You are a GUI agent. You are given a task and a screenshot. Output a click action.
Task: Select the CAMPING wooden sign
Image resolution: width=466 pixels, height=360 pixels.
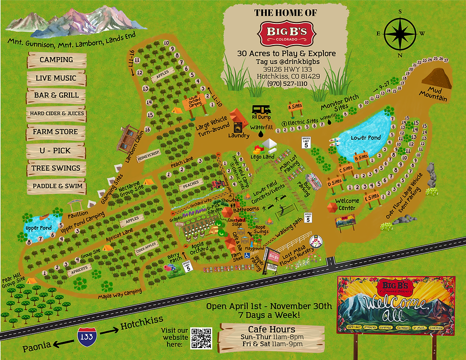(56, 60)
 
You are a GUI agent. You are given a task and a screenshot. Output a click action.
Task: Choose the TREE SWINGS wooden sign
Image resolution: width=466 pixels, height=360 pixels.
(56, 168)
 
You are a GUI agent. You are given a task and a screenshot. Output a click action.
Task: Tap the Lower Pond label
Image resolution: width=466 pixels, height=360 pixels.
(366, 137)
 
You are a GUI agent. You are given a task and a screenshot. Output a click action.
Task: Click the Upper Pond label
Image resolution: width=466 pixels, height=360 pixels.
(39, 228)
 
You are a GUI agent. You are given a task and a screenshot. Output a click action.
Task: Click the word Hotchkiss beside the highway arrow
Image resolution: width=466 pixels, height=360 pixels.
(142, 324)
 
